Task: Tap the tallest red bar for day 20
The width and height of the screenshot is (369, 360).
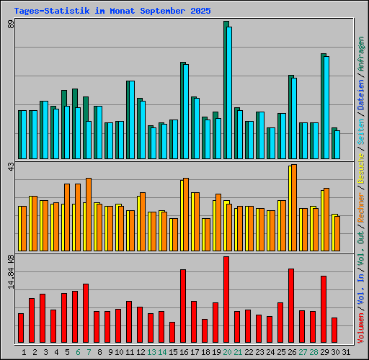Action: coord(226,300)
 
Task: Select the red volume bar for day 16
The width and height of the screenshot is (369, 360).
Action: coord(183,306)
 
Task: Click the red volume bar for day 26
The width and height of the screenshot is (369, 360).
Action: coord(291,305)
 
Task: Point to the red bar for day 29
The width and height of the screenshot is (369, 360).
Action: coord(324,310)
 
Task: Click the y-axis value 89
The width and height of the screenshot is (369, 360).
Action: coord(11,26)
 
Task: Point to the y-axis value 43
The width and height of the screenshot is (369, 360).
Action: coord(11,167)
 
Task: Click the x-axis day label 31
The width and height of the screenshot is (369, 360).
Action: coord(346,352)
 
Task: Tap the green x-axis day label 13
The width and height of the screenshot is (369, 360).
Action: coord(151,352)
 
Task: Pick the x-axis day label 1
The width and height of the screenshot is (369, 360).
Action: coord(25,352)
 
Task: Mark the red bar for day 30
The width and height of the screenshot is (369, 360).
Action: coord(334,330)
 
